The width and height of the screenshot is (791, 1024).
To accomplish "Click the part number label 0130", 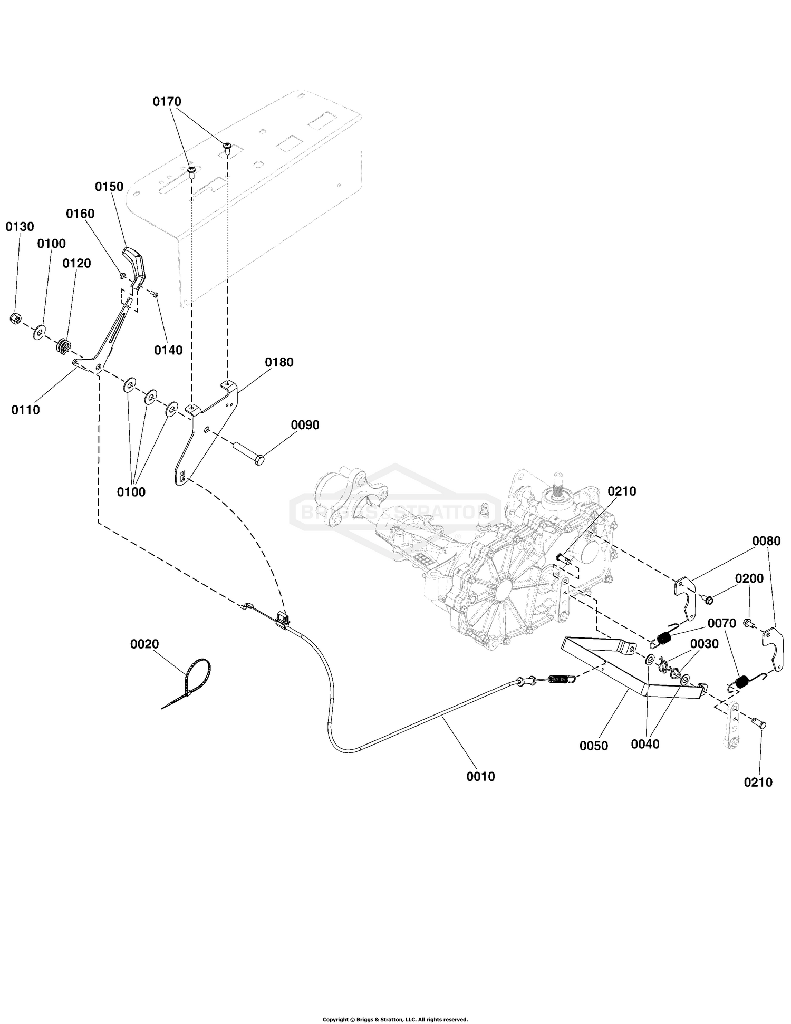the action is (x=20, y=227).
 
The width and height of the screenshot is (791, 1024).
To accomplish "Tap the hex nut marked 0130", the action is (x=15, y=318).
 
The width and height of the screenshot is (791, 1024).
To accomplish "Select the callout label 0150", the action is (x=109, y=187).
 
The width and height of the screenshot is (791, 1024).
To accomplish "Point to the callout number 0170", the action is (x=167, y=101).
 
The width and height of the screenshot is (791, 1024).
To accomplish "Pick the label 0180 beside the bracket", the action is (x=279, y=362).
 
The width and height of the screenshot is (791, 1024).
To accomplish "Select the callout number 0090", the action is (x=305, y=425).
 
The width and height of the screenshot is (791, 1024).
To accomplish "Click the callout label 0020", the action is (x=144, y=644).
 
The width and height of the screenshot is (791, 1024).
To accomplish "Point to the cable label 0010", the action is (x=480, y=776).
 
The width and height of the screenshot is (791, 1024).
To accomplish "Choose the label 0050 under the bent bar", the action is (x=593, y=746).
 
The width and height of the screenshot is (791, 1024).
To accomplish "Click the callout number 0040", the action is (x=645, y=744).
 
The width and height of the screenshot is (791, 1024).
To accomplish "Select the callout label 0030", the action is (x=704, y=644).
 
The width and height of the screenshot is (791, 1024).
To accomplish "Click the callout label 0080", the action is (x=766, y=541).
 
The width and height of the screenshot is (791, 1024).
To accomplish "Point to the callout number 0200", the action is (x=749, y=578).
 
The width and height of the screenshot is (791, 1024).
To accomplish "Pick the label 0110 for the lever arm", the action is (x=25, y=410).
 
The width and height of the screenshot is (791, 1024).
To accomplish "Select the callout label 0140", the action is (x=168, y=350).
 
